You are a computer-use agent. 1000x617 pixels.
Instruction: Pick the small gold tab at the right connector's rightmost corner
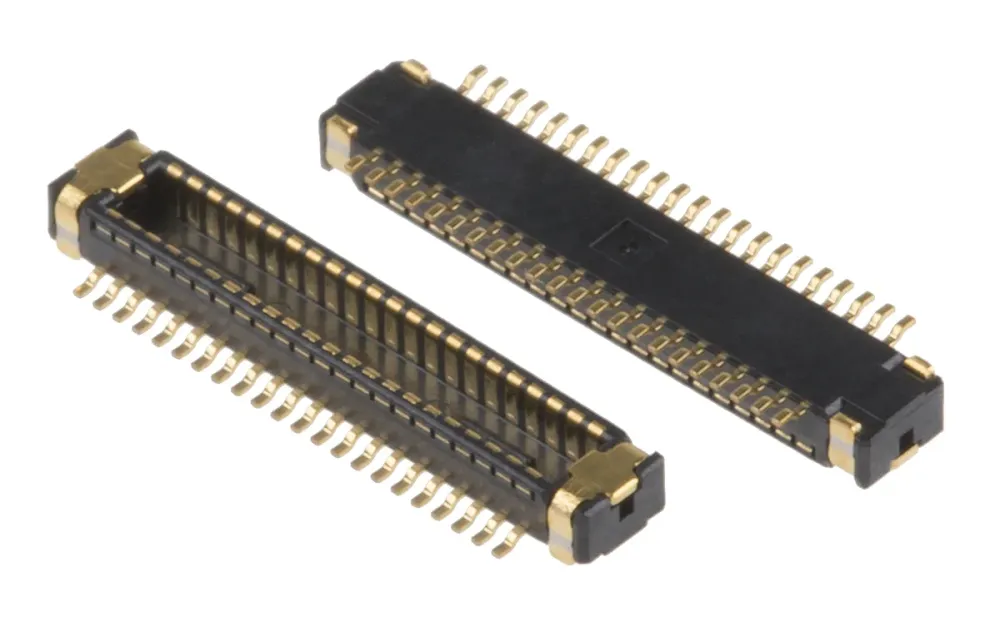pos(917,366)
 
